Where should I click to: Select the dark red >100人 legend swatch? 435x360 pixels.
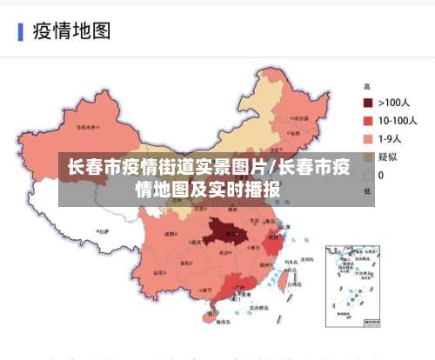click(x=368, y=103)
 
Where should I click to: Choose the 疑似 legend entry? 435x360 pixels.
click(x=387, y=157)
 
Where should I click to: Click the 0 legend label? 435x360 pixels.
click(x=381, y=176)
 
